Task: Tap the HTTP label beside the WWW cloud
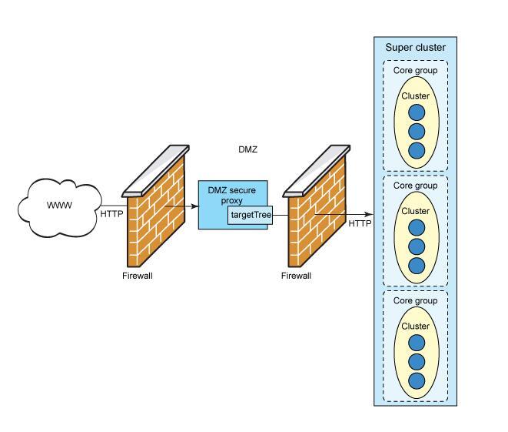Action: click(x=111, y=214)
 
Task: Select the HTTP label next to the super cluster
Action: click(x=360, y=224)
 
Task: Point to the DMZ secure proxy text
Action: click(x=232, y=196)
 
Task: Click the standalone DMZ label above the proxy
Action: click(x=247, y=150)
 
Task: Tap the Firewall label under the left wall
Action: click(x=138, y=276)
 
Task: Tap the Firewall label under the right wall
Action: click(x=297, y=276)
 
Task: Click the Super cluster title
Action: click(x=415, y=48)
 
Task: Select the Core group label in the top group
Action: click(x=415, y=71)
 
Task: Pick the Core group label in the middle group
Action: click(x=415, y=186)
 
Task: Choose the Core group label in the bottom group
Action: click(x=415, y=300)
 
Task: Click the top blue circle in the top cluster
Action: click(x=416, y=112)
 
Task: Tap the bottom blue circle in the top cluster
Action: click(x=416, y=150)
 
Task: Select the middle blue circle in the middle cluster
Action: click(x=416, y=246)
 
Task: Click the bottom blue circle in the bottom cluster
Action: click(x=416, y=380)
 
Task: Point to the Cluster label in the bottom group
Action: click(x=415, y=327)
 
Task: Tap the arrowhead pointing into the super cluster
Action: click(x=370, y=215)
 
